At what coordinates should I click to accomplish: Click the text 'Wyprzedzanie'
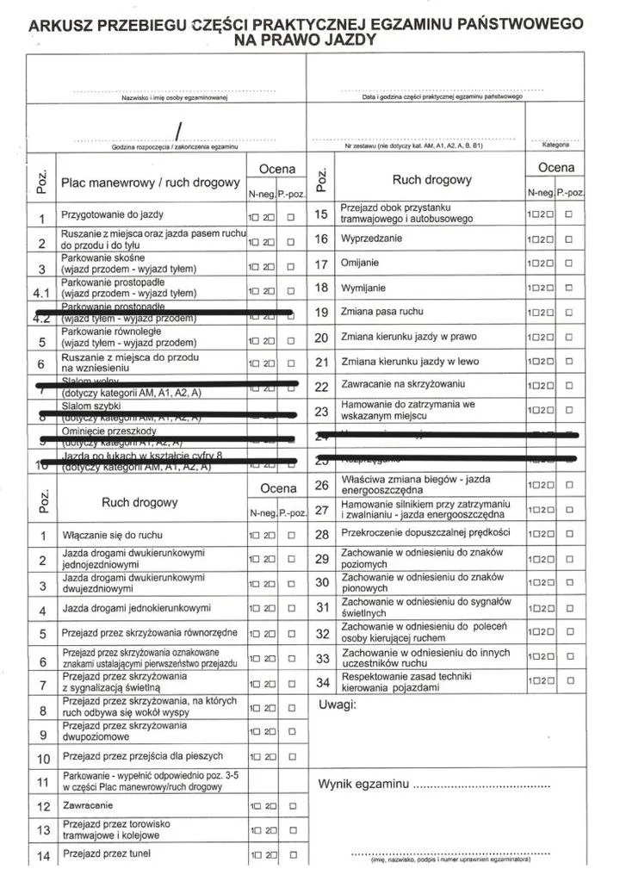[371, 239]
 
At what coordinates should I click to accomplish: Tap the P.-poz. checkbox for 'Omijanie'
[569, 264]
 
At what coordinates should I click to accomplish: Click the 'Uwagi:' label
[338, 705]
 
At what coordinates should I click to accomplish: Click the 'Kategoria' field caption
[555, 145]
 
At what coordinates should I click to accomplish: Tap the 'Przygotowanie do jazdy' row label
[112, 214]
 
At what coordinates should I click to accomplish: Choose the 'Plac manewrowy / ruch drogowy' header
[150, 183]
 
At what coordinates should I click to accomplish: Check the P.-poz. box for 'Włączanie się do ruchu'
[292, 536]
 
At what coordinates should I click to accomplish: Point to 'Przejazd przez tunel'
[106, 853]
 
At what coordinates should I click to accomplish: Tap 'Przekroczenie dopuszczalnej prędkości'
[425, 534]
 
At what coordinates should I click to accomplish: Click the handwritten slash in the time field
[178, 131]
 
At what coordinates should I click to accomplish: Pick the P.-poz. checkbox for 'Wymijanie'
[569, 289]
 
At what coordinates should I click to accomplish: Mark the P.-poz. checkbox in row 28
[569, 534]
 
